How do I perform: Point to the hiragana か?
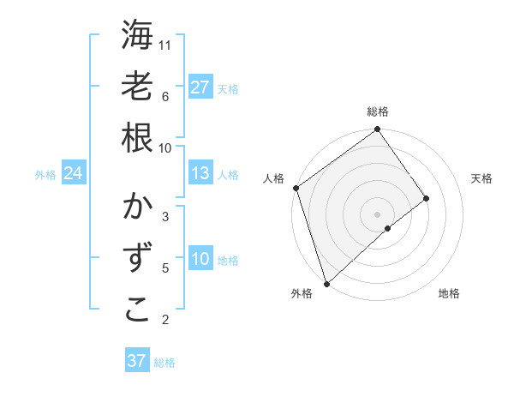[137, 208]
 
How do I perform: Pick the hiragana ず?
[137, 258]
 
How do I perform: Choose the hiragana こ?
[137, 310]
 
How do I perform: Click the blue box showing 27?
[200, 87]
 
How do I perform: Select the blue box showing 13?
[200, 173]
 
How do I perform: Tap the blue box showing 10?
[200, 259]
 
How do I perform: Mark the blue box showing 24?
[74, 174]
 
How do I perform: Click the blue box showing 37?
[136, 361]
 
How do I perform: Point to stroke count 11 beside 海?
[165, 45]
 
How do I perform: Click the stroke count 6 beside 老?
[164, 96]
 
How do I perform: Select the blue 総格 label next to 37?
[164, 363]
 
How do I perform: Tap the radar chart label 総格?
[378, 111]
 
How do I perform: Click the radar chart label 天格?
[482, 178]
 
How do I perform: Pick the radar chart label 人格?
[274, 178]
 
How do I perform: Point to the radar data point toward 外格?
[326, 283]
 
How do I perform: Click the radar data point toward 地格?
[388, 228]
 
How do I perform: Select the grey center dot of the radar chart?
[378, 214]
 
